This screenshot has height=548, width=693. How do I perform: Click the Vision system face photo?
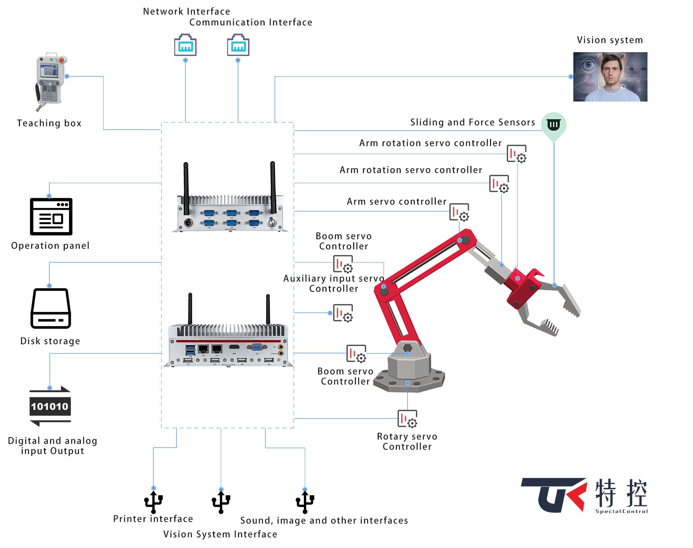(610, 77)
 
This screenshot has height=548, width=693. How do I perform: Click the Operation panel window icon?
(51, 216)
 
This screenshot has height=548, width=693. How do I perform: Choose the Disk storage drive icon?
(51, 308)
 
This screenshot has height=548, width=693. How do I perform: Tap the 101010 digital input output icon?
(50, 406)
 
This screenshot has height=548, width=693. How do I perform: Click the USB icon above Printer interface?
(153, 502)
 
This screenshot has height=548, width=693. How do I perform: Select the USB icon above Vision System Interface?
(221, 502)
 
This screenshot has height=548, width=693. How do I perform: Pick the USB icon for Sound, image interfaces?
(305, 502)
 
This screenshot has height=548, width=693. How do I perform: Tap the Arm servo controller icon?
(459, 212)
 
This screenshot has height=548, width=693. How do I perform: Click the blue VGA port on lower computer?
(257, 347)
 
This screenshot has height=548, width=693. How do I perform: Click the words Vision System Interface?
(220, 534)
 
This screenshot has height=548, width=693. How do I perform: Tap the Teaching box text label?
(49, 123)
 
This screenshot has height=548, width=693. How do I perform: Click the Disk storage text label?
(50, 341)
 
